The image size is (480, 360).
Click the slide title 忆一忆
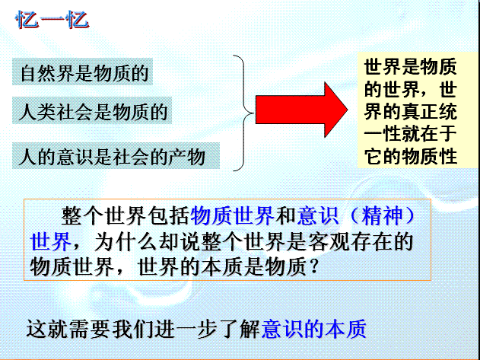pos(52,20)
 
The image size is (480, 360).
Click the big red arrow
pos(301,110)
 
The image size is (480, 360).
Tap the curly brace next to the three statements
pos(243,113)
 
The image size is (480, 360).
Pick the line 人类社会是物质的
pos(94,111)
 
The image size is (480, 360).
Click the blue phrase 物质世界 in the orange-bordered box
pos(232,215)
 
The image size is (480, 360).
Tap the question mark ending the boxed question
pos(313,266)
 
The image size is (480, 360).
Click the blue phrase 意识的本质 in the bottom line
pos(313,329)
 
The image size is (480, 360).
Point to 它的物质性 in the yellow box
pos(411,156)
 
